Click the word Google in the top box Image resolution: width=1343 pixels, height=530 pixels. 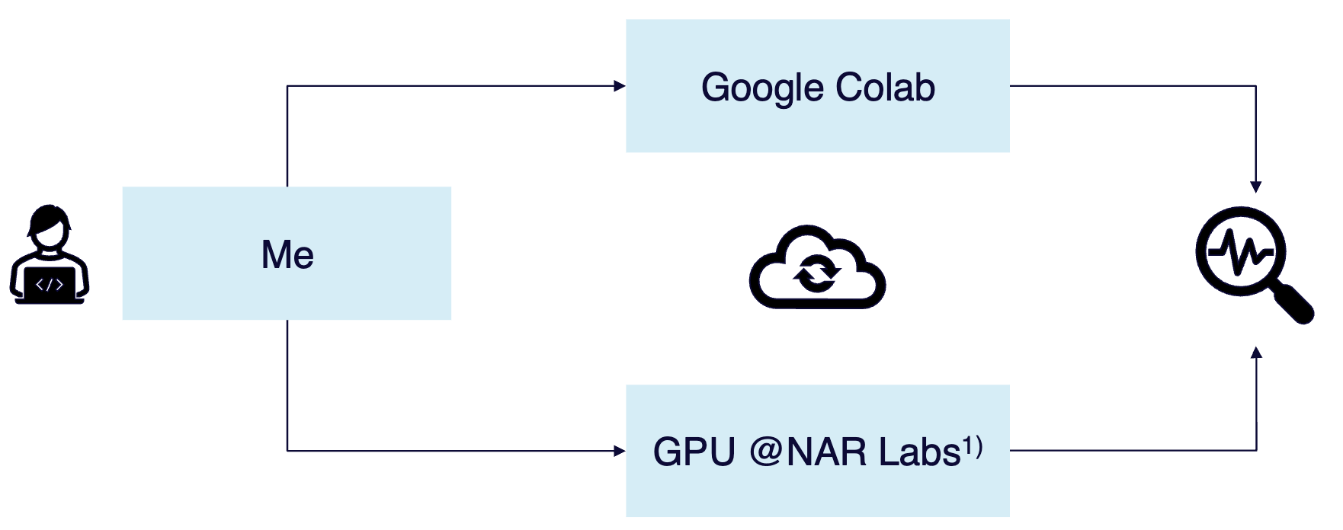763,88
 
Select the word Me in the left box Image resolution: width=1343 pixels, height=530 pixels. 287,254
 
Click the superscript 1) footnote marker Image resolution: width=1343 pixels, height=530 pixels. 973,446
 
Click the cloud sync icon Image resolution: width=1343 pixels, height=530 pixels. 817,267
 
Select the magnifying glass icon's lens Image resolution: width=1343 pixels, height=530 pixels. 1240,252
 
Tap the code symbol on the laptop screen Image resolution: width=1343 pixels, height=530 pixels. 50,285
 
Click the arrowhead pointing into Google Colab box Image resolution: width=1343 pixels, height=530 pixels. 620,86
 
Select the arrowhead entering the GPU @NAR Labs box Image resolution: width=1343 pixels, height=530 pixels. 620,451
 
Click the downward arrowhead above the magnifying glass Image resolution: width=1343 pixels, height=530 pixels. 1256,187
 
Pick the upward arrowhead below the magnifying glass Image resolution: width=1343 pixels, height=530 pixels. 1256,352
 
